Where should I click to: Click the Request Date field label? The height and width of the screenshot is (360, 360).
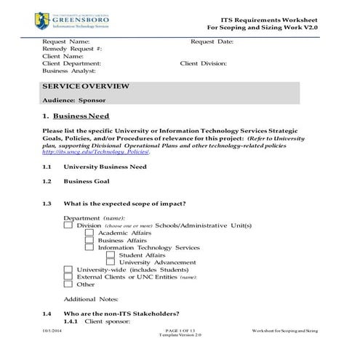[212, 42]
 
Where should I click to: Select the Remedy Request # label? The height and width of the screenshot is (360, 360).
[72, 49]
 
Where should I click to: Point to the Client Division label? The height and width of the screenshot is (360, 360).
[204, 63]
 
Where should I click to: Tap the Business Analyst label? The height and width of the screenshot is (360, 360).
[70, 71]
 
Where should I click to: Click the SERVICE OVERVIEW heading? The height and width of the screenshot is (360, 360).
[86, 87]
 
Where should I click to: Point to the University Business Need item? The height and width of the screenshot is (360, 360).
[105, 167]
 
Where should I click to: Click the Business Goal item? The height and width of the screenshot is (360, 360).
[86, 181]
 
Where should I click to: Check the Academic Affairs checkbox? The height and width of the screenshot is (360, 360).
[89, 233]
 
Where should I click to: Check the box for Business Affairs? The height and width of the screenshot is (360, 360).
[89, 241]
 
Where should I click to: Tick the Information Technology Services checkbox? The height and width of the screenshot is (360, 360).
[89, 248]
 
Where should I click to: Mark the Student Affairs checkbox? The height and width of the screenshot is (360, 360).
[111, 255]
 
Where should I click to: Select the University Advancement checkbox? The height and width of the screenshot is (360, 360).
[111, 263]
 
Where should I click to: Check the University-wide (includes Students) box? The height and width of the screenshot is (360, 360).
[68, 270]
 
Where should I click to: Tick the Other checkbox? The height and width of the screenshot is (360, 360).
[68, 284]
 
